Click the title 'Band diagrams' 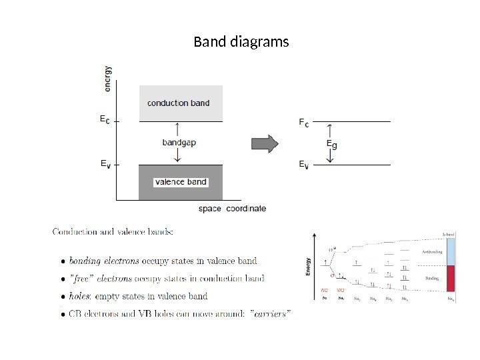click(241, 42)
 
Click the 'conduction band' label click(178, 103)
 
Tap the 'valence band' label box click(181, 181)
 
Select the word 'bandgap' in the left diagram click(179, 142)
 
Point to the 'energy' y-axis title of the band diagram click(108, 77)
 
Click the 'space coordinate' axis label click(232, 209)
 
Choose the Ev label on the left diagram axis click(104, 163)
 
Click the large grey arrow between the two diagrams click(264, 143)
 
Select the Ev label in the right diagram click(303, 164)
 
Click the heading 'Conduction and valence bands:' click(113, 232)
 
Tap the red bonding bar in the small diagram click(451, 278)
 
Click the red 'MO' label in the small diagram click(340, 291)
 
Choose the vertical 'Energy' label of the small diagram click(308, 266)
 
